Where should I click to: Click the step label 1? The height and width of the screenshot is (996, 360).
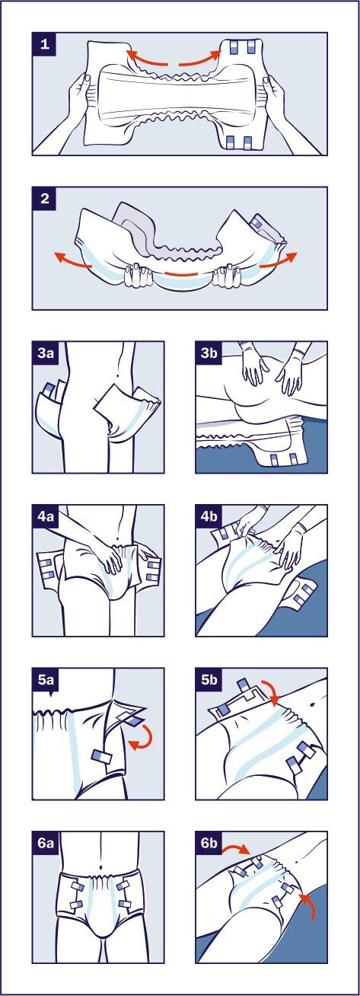(44, 44)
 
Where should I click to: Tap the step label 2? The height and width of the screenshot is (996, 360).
(44, 198)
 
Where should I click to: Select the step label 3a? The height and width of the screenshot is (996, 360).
(46, 353)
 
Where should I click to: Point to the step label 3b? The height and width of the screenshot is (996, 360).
(209, 353)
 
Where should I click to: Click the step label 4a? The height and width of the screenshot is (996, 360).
(46, 516)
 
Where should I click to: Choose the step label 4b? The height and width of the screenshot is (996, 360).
(209, 516)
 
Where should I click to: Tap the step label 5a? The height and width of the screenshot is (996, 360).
(46, 679)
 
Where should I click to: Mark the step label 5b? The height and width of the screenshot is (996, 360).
(209, 679)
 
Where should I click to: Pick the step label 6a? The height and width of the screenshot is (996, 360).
(46, 843)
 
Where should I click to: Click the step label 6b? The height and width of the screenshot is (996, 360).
(209, 843)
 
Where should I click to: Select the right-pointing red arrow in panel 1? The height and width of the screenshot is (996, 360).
(201, 61)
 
